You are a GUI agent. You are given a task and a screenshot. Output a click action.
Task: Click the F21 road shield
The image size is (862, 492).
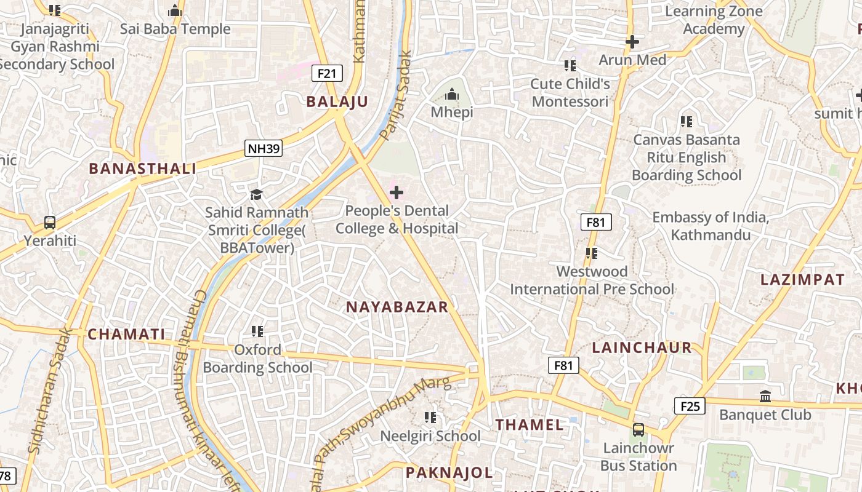pos(327,74)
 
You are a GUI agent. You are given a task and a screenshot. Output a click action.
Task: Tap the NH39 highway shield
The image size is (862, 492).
pos(264,148)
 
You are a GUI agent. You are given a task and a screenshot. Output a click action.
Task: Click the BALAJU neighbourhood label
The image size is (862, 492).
pos(337,102)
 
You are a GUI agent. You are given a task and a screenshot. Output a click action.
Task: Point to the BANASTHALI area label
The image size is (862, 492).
pos(142,169)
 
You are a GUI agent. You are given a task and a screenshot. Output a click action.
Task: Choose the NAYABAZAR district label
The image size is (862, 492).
pos(397,307)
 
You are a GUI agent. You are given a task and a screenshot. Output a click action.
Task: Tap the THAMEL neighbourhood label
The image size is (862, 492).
pos(530,424)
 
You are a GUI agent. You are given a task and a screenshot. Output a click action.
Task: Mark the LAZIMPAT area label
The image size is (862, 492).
pos(802,280)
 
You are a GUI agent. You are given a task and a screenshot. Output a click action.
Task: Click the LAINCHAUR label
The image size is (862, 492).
pos(642,347)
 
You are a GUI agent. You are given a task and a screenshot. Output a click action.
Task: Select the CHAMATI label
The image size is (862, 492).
pos(126,335)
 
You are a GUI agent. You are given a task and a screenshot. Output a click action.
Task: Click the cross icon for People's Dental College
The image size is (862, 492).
pos(397,193)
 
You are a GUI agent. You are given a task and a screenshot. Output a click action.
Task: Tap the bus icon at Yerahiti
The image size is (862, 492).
pos(50,223)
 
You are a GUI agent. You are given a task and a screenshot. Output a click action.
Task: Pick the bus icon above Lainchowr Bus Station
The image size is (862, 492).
pos(638,430)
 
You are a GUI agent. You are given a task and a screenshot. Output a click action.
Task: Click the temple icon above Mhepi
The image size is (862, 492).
pos(452,95)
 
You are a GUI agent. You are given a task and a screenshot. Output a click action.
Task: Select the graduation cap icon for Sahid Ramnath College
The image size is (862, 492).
pos(256,195)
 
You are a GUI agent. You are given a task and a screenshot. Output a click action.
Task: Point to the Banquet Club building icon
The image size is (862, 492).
pos(765,397)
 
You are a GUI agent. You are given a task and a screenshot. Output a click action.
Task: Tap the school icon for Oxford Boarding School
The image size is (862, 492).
pos(257,332)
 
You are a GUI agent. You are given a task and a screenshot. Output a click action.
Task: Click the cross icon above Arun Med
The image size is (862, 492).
pos(632,42)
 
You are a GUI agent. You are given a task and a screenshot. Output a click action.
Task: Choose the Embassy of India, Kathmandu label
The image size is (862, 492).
pos(711,226)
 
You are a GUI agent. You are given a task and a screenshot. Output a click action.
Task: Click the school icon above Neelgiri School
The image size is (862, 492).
pos(430,418)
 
